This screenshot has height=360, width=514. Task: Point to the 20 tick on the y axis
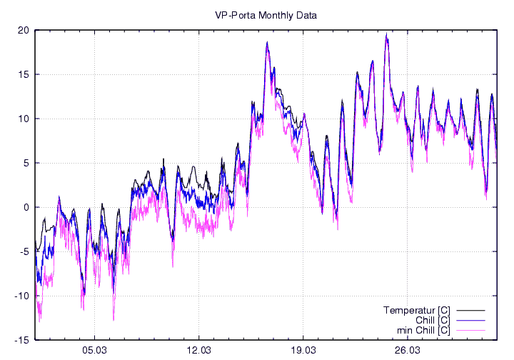(x=24, y=30)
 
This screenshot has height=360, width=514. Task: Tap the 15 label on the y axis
(x=24, y=74)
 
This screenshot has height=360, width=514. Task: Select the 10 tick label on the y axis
(x=24, y=119)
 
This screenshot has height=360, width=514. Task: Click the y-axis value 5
(x=26, y=163)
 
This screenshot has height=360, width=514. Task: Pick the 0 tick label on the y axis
(x=26, y=207)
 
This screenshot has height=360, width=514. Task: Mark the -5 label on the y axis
(x=24, y=251)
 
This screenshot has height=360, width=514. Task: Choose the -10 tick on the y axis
(x=21, y=296)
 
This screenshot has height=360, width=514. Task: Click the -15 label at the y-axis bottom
(x=21, y=340)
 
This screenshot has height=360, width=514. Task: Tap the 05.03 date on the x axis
(x=94, y=351)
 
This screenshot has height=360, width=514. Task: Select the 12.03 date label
(x=198, y=351)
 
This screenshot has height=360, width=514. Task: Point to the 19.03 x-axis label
(x=303, y=351)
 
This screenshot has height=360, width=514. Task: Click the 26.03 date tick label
(x=407, y=351)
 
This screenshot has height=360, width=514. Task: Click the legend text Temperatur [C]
(x=417, y=310)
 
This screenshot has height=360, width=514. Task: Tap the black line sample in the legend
(x=470, y=311)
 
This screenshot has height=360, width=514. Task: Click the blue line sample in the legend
(x=470, y=321)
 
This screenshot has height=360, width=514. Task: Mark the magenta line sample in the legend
(x=470, y=331)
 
